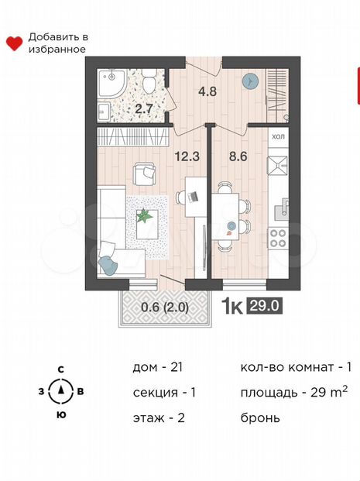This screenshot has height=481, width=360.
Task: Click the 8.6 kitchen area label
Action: point(238,155)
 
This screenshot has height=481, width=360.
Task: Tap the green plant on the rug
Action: point(145,216)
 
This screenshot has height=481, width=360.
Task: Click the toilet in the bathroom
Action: point(149,78)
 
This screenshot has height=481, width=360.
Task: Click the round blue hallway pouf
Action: point(250,81)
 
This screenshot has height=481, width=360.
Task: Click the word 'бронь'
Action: point(260,417)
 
